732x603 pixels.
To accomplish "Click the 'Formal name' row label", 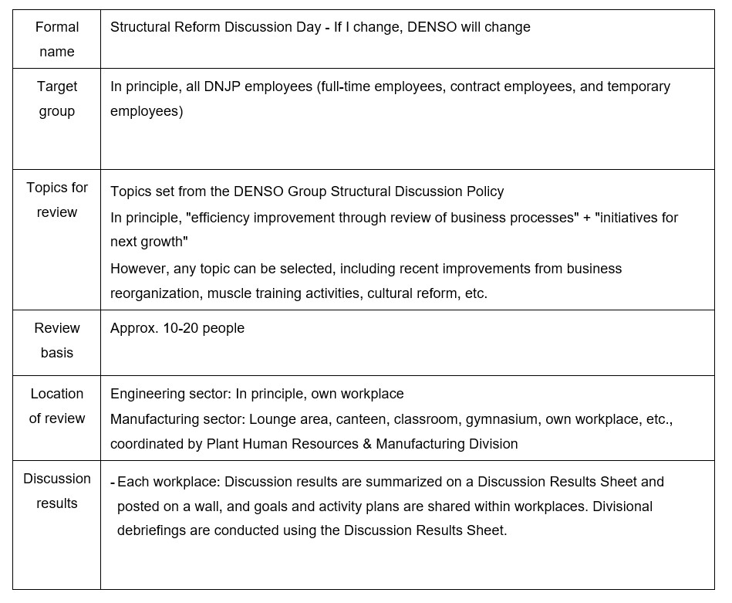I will (x=57, y=39).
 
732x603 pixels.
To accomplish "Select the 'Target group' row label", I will (x=57, y=99).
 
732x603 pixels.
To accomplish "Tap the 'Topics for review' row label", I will (x=57, y=200).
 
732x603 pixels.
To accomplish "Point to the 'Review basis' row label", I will (x=57, y=340).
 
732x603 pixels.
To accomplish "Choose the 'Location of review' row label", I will (x=57, y=406).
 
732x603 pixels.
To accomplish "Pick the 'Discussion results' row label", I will (x=57, y=491).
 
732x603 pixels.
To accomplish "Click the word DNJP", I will (x=224, y=86).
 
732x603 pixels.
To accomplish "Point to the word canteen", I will (x=374, y=419).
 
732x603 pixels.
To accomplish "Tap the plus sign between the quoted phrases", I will (x=587, y=218).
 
